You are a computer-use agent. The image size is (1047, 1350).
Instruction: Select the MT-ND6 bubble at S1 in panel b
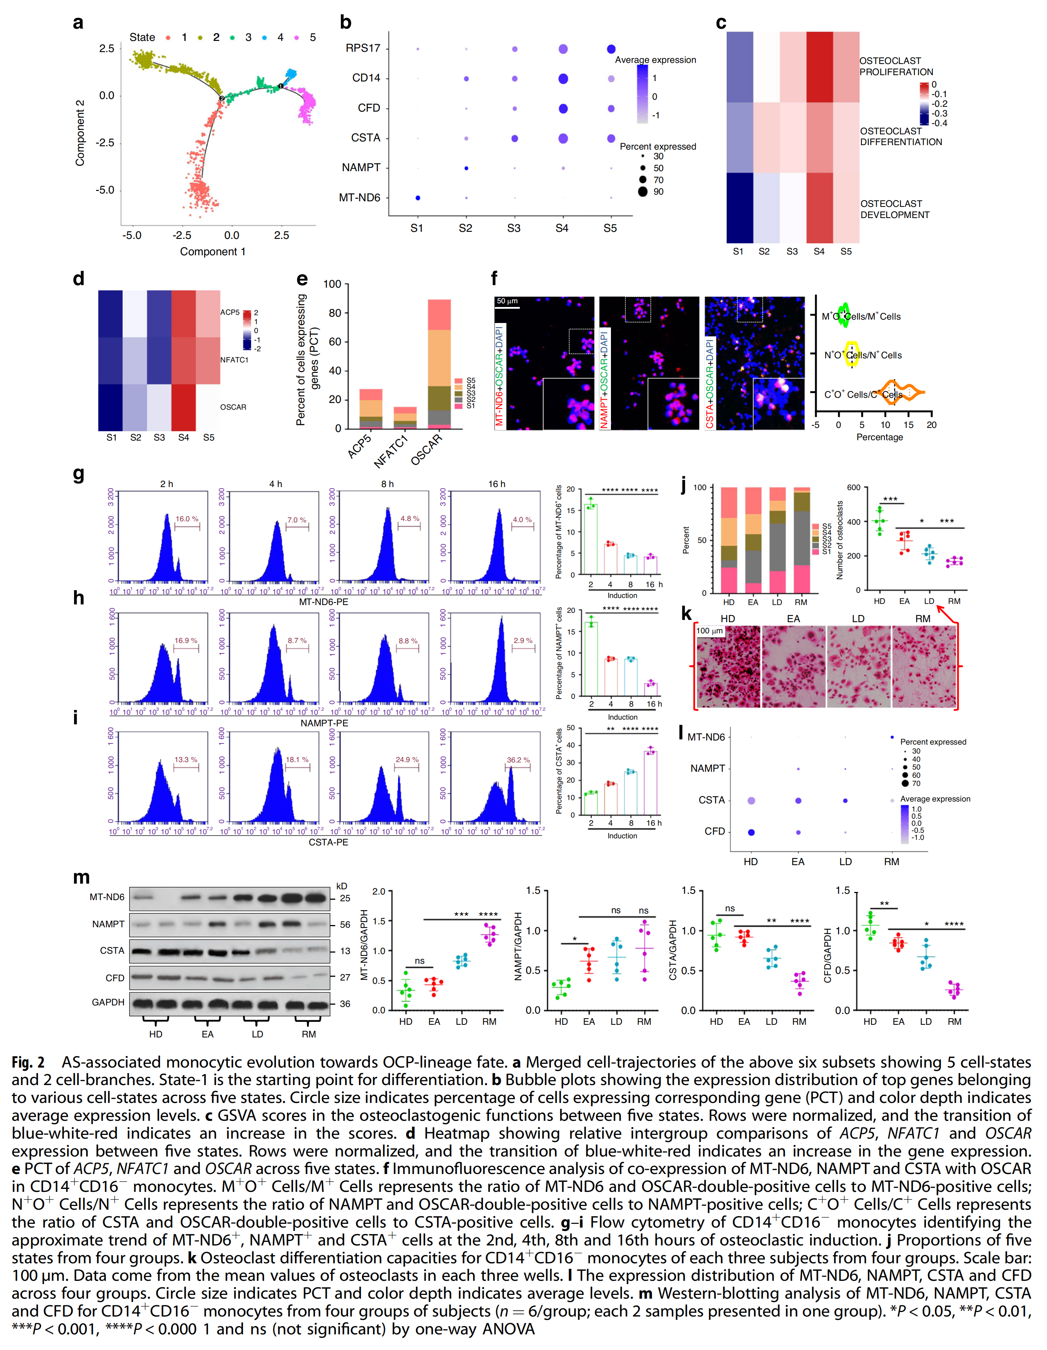coord(418,198)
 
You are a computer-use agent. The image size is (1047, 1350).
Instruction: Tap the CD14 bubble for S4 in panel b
coord(563,79)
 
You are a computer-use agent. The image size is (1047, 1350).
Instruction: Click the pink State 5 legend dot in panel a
coord(297,38)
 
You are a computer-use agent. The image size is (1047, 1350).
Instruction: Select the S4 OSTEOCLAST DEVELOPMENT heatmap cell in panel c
coord(820,208)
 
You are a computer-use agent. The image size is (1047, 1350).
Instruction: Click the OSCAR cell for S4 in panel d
coord(183,407)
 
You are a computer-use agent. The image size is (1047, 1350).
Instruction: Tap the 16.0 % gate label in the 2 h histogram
coord(187,519)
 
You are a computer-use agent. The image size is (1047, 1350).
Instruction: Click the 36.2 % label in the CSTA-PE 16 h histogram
coord(518,760)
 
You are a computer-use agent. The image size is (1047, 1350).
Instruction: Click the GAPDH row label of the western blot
coord(108,1002)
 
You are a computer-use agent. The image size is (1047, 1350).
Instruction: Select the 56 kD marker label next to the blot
coord(345,925)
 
